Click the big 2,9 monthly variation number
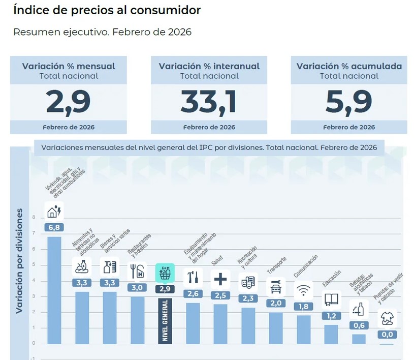(68, 102)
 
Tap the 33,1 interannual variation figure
(209, 102)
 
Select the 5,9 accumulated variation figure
(349, 102)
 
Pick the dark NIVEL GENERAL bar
(165, 320)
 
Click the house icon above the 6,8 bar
(54, 211)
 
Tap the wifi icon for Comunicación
(304, 290)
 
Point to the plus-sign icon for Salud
(220, 279)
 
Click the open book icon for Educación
(331, 299)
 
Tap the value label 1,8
(304, 306)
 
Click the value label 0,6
(359, 325)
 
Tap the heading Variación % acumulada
(349, 66)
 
